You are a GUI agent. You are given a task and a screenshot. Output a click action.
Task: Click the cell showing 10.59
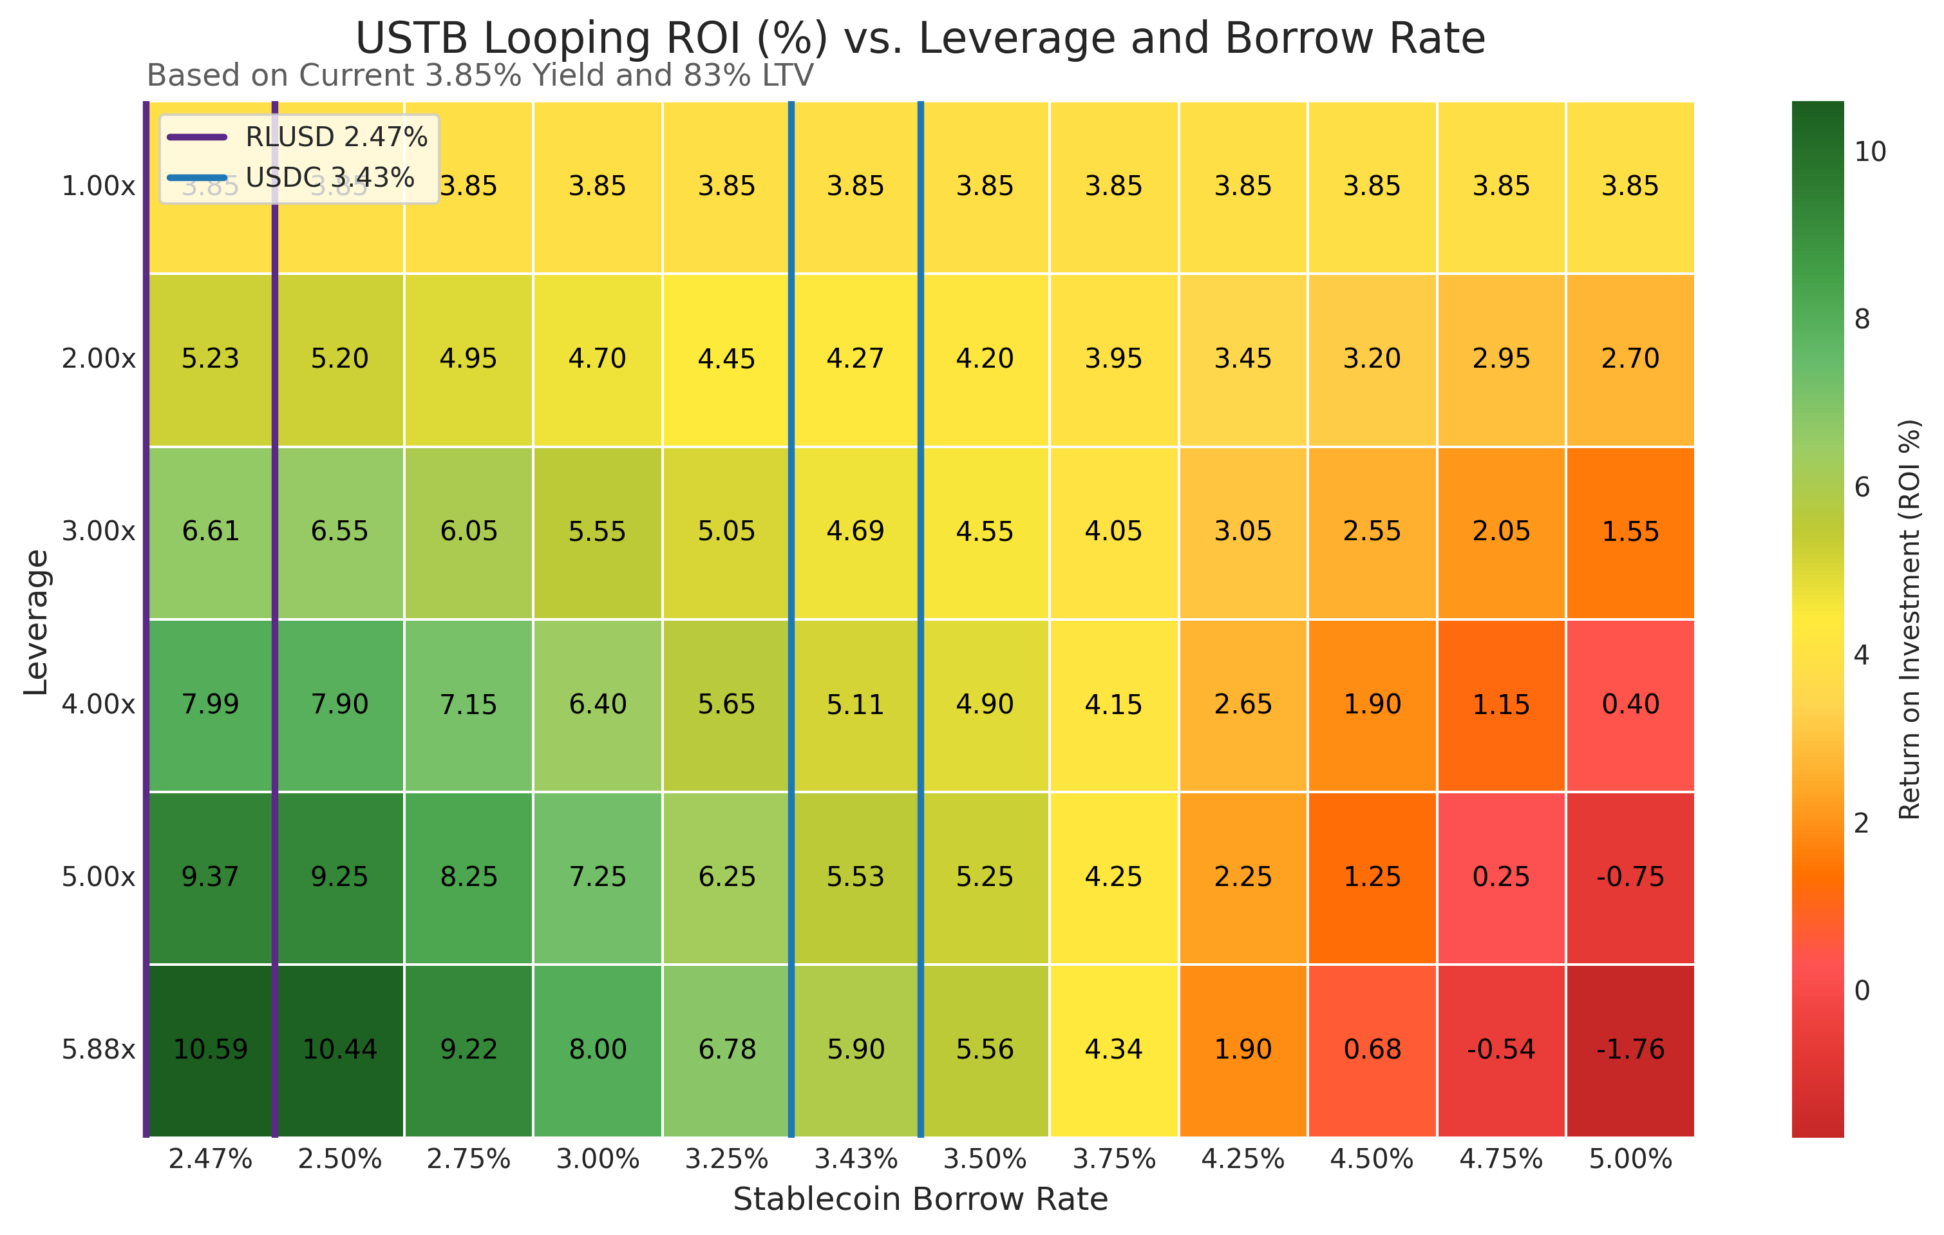click(x=210, y=1050)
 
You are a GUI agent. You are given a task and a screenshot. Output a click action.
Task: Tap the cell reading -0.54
click(x=1501, y=1050)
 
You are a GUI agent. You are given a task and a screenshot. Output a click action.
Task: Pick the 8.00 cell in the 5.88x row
click(x=598, y=1050)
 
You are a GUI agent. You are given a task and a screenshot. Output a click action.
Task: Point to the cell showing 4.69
click(x=856, y=531)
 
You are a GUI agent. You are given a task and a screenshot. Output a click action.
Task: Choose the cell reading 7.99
click(x=210, y=704)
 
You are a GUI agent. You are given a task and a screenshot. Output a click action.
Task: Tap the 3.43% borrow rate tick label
click(x=856, y=1159)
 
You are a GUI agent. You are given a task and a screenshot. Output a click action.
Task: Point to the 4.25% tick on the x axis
click(x=1243, y=1159)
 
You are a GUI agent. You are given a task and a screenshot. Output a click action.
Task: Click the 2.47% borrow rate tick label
click(x=210, y=1159)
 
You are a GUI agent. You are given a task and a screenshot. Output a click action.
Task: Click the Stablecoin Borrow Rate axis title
click(x=920, y=1200)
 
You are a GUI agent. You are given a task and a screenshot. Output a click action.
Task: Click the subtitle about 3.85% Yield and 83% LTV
click(x=480, y=76)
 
